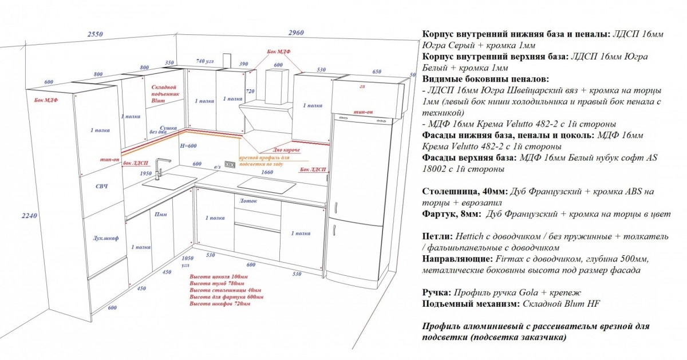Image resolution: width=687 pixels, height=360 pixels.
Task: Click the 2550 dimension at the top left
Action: (x=95, y=34)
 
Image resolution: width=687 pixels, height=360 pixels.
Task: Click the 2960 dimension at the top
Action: (x=296, y=33)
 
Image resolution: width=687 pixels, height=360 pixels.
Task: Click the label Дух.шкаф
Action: (x=105, y=238)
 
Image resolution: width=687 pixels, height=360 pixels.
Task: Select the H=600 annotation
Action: (x=188, y=145)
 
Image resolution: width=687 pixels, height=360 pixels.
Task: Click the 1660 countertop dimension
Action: (x=266, y=172)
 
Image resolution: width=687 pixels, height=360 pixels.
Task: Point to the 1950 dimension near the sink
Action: (x=146, y=173)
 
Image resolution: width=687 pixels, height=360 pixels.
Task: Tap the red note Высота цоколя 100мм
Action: (x=219, y=277)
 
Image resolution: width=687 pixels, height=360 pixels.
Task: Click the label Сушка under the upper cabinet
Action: (x=168, y=128)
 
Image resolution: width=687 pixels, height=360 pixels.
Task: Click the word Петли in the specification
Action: (x=436, y=236)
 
